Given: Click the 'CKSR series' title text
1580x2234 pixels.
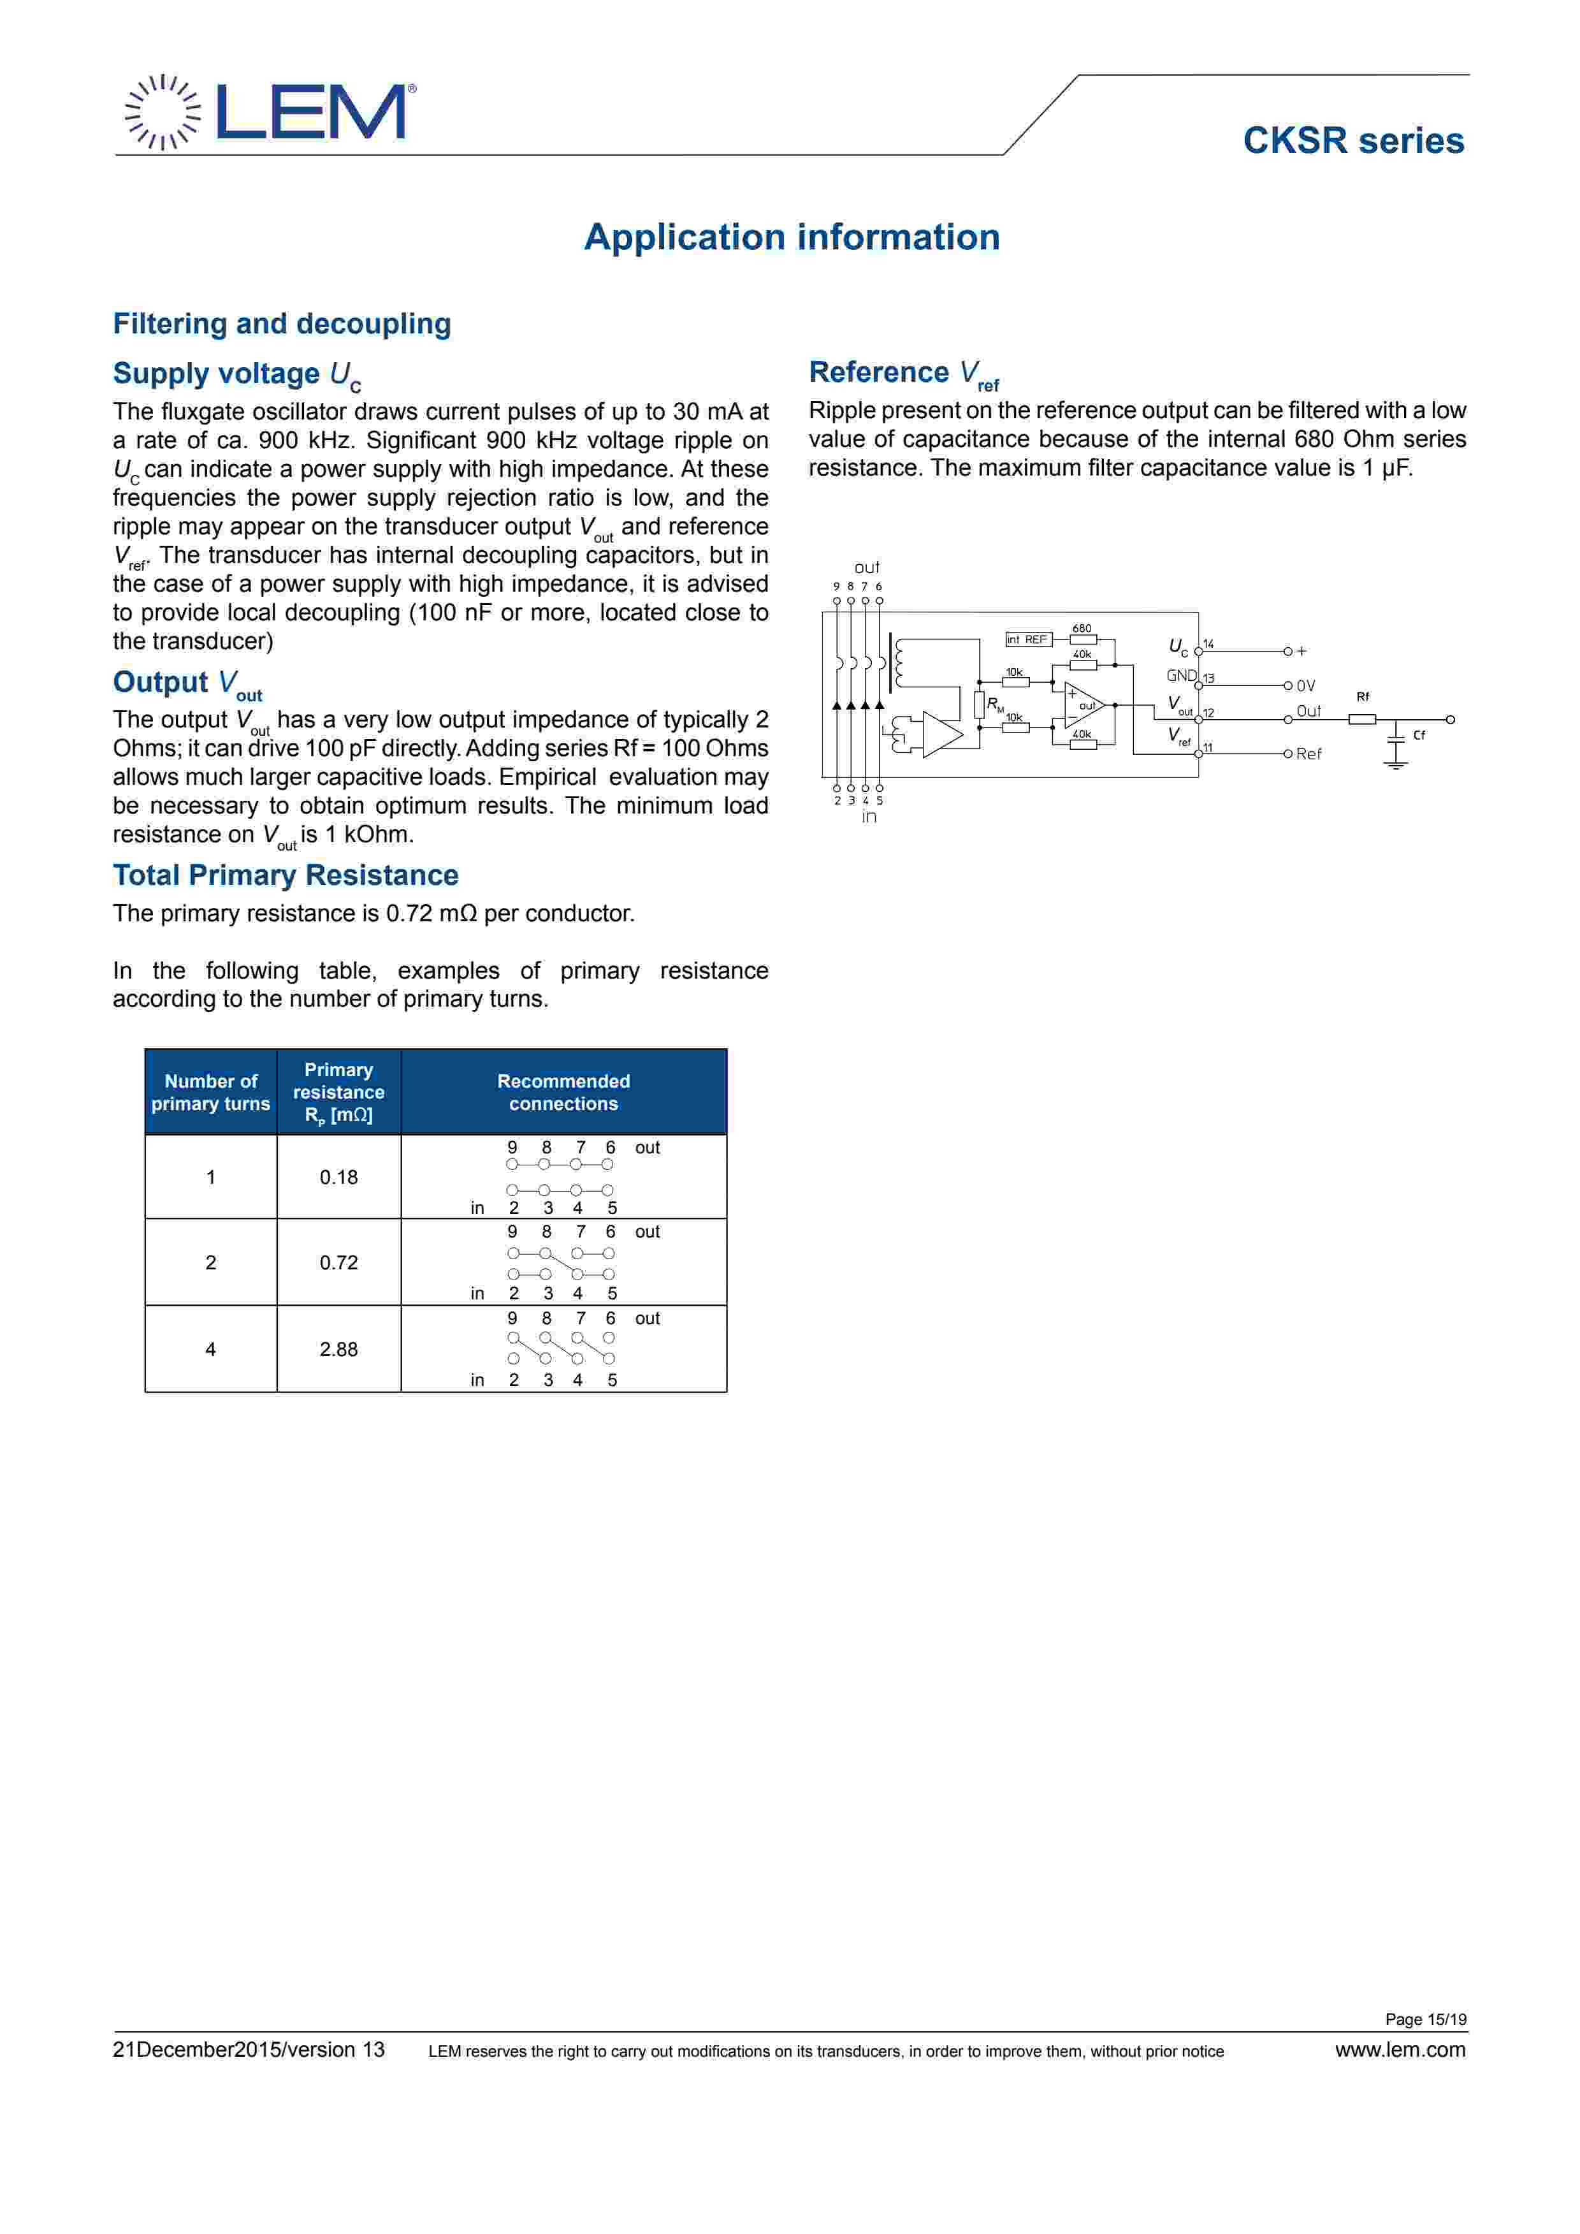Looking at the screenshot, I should [1352, 141].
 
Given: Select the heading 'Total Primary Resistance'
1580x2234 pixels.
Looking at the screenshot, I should [285, 875].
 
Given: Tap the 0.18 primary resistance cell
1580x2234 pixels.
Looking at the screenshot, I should [338, 1178].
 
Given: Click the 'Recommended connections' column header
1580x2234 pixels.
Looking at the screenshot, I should [563, 1091].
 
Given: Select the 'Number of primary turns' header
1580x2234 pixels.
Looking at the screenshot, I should [210, 1091].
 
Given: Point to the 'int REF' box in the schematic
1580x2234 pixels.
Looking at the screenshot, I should [1027, 639].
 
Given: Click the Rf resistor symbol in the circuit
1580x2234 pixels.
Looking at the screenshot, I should [1362, 719].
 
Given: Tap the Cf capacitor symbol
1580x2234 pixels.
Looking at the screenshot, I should [1396, 736].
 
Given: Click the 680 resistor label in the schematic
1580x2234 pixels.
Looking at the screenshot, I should [1082, 629].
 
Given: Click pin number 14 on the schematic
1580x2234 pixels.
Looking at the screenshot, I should [1208, 644].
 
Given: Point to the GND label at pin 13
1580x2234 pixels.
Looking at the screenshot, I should [1181, 675].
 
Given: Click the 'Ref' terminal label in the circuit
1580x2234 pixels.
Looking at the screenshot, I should [1308, 754].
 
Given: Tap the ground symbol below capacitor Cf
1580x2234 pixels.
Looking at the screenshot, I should [1396, 765].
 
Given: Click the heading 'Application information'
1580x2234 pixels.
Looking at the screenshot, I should [791, 237].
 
